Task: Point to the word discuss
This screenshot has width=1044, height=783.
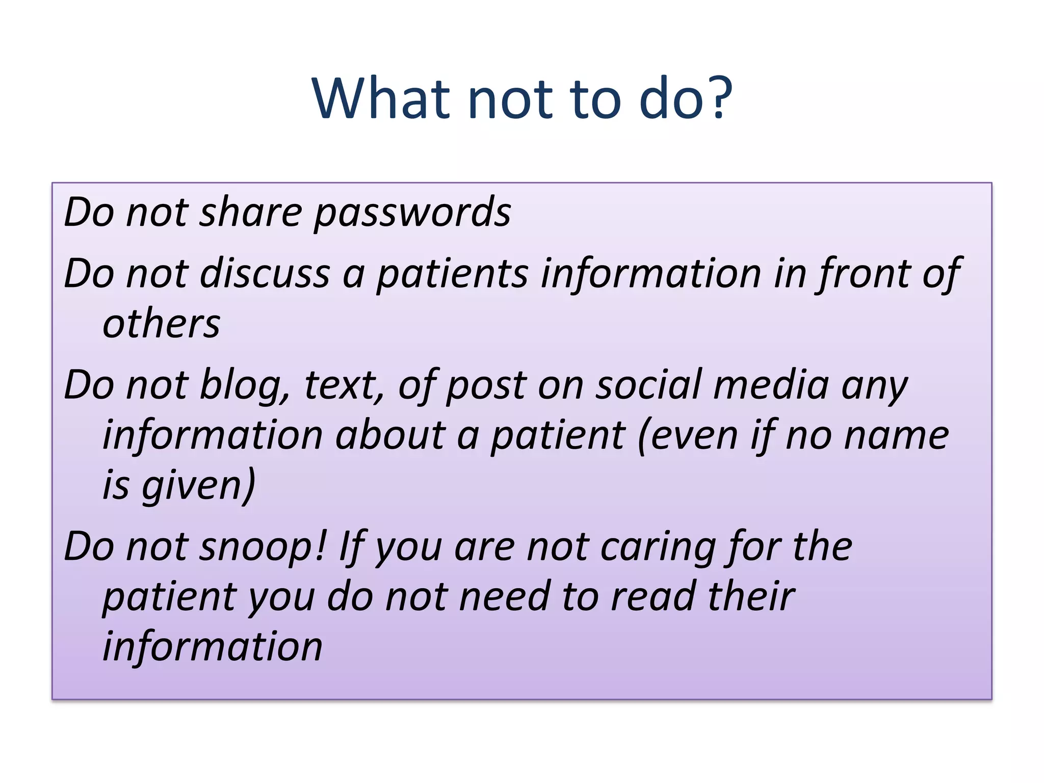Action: pyautogui.click(x=265, y=274)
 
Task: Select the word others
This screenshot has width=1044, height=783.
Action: pyautogui.click(x=161, y=324)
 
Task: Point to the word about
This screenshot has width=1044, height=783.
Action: pyautogui.click(x=390, y=436)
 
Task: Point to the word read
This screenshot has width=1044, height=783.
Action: pyautogui.click(x=653, y=596)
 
